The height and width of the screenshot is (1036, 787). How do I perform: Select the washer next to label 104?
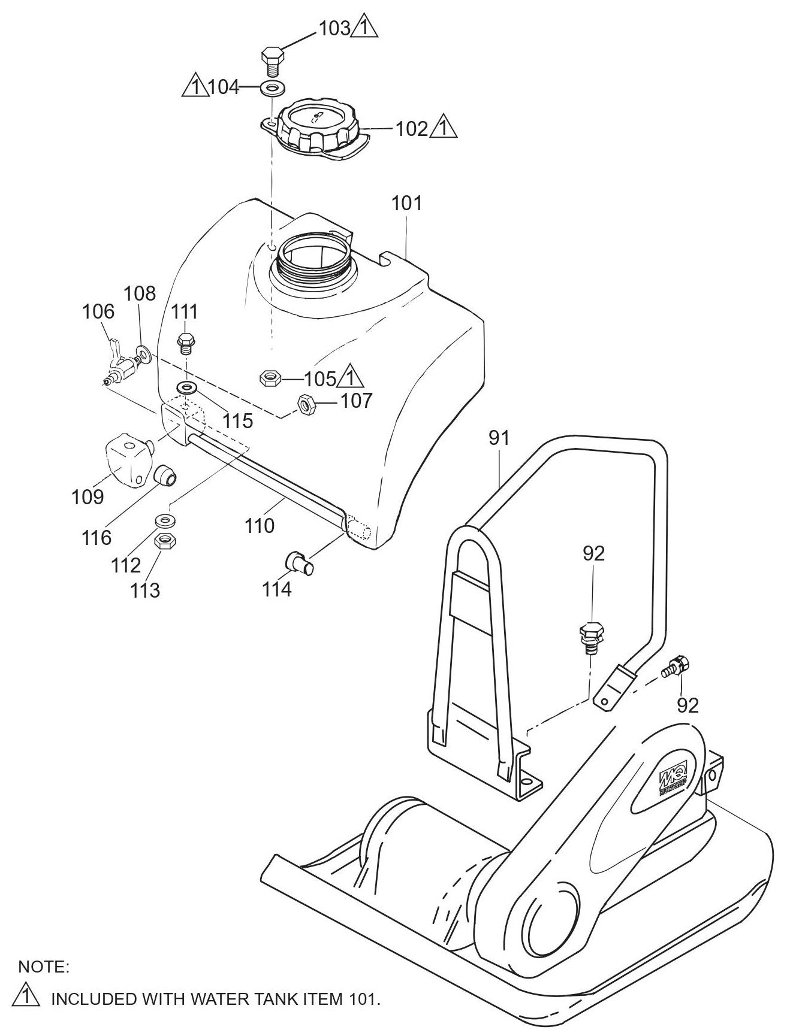273,89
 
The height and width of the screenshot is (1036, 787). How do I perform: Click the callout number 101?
407,204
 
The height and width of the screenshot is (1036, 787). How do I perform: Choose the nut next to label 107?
306,405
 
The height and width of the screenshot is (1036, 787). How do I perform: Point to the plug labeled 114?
297,564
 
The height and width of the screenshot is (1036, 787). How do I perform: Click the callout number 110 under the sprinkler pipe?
260,526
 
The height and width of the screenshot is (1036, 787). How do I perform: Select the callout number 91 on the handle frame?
499,438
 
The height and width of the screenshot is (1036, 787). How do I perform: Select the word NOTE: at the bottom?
44,966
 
